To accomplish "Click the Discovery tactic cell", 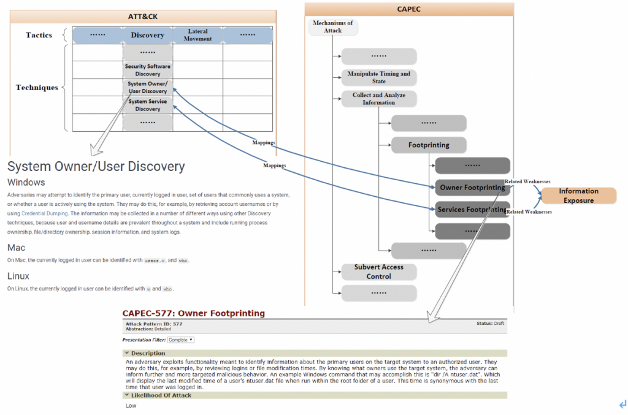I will point(147,35).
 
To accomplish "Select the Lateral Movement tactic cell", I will point(197,35).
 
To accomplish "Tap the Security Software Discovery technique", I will point(147,70).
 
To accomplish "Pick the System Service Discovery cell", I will point(147,105).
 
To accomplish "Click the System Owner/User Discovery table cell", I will point(147,88).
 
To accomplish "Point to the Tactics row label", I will point(39,35).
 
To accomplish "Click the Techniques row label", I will point(37,88).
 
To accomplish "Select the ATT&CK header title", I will point(142,17).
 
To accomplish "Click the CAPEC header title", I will point(408,9).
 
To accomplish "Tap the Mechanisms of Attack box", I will point(332,27).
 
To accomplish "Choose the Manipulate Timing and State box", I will point(378,77).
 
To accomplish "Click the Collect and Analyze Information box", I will point(378,99).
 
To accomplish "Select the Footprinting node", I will point(429,145).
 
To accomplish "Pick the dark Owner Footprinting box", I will point(472,187).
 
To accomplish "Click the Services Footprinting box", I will point(472,210).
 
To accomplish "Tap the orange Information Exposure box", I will point(578,196).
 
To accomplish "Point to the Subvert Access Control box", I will point(378,272).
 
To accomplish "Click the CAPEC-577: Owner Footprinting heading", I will point(193,313).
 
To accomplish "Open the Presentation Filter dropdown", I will point(181,340).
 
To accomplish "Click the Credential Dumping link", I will point(37,213).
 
